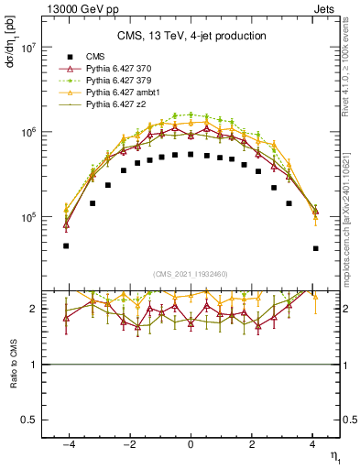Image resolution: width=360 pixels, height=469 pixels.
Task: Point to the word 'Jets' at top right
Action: [x=327, y=7]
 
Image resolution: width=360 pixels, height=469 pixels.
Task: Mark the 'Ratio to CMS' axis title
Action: [x=12, y=365]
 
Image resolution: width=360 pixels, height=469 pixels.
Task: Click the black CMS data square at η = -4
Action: [x=66, y=245]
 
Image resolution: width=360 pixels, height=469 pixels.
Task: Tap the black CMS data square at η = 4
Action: [x=315, y=248]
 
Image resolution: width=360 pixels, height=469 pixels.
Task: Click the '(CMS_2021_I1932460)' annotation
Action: [x=191, y=273]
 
